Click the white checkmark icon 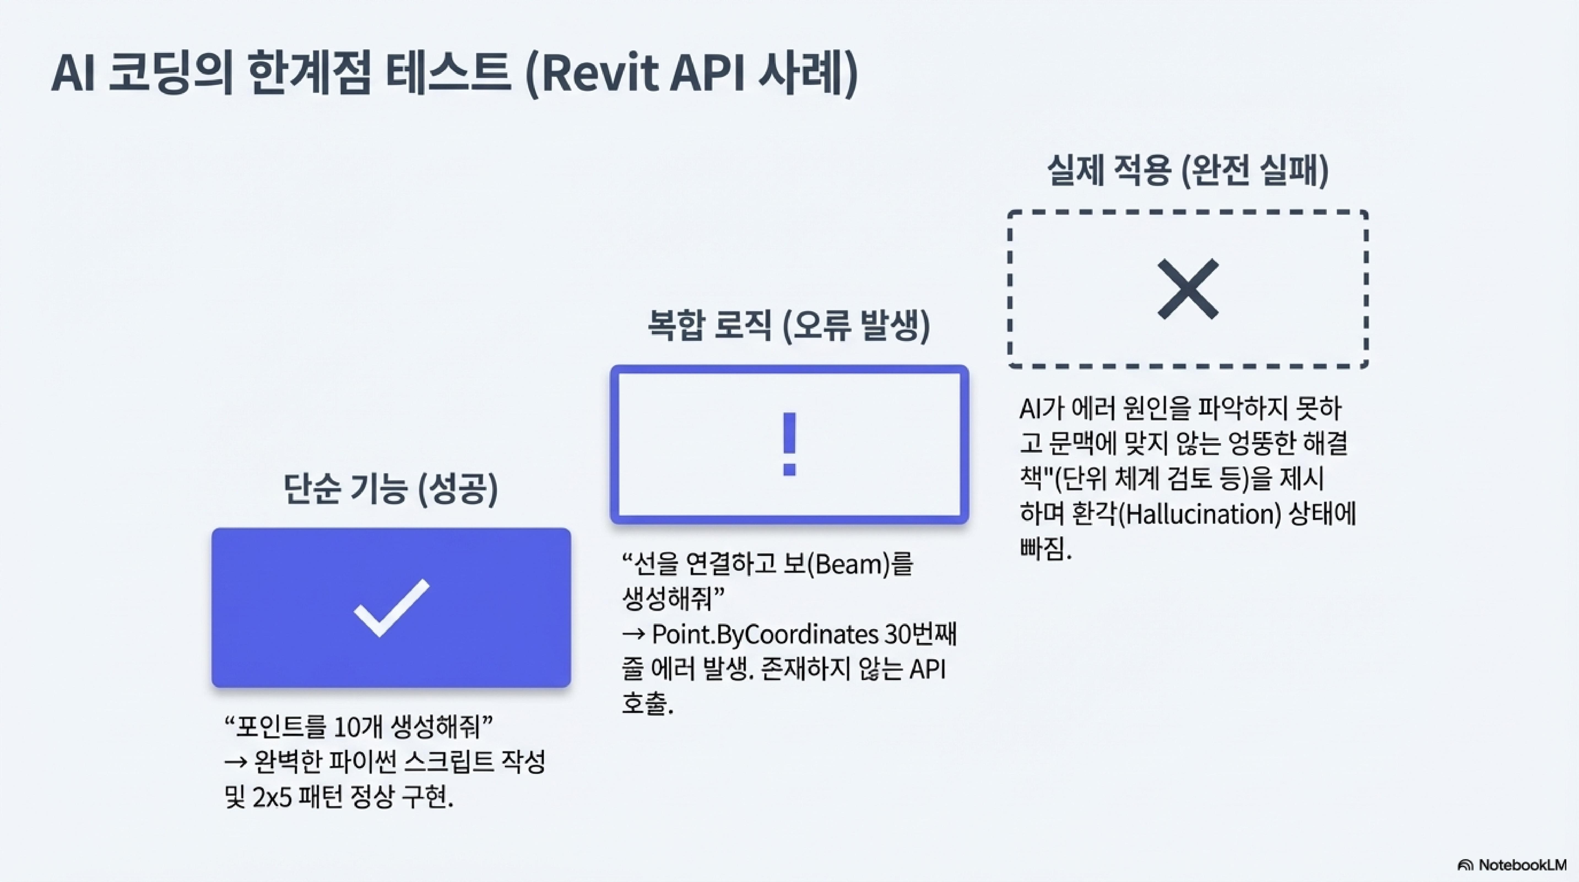(391, 607)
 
